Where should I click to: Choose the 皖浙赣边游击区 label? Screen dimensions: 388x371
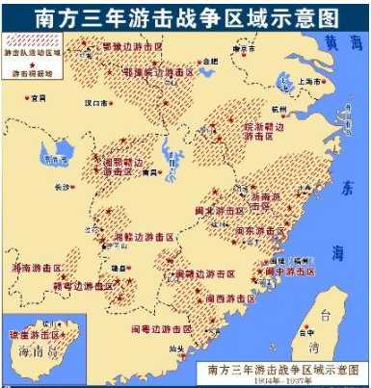tap(236, 130)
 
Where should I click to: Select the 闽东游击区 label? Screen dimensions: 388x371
tap(256, 231)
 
